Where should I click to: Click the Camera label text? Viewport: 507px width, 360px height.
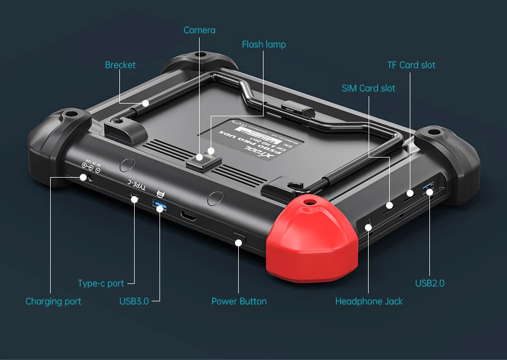pyautogui.click(x=199, y=30)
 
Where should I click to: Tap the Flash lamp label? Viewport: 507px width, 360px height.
pyautogui.click(x=264, y=44)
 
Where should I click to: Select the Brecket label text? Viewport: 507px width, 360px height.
pyautogui.click(x=120, y=65)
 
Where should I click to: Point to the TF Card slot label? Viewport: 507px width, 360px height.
pyautogui.click(x=411, y=65)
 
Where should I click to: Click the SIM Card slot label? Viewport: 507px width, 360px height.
pyautogui.click(x=368, y=88)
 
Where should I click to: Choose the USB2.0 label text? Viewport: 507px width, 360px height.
pyautogui.click(x=429, y=283)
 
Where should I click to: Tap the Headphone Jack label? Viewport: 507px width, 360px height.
pyautogui.click(x=369, y=301)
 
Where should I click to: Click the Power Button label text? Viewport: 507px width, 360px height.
pyautogui.click(x=239, y=301)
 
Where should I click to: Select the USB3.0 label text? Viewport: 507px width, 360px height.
pyautogui.click(x=134, y=301)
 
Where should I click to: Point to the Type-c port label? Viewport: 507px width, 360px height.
pyautogui.click(x=101, y=283)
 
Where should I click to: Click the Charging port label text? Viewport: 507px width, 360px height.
pyautogui.click(x=53, y=301)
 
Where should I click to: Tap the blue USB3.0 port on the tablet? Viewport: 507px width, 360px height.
pyautogui.click(x=159, y=203)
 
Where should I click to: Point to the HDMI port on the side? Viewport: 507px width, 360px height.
pyautogui.click(x=189, y=215)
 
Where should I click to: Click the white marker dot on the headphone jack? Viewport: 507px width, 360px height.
pyautogui.click(x=369, y=227)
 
